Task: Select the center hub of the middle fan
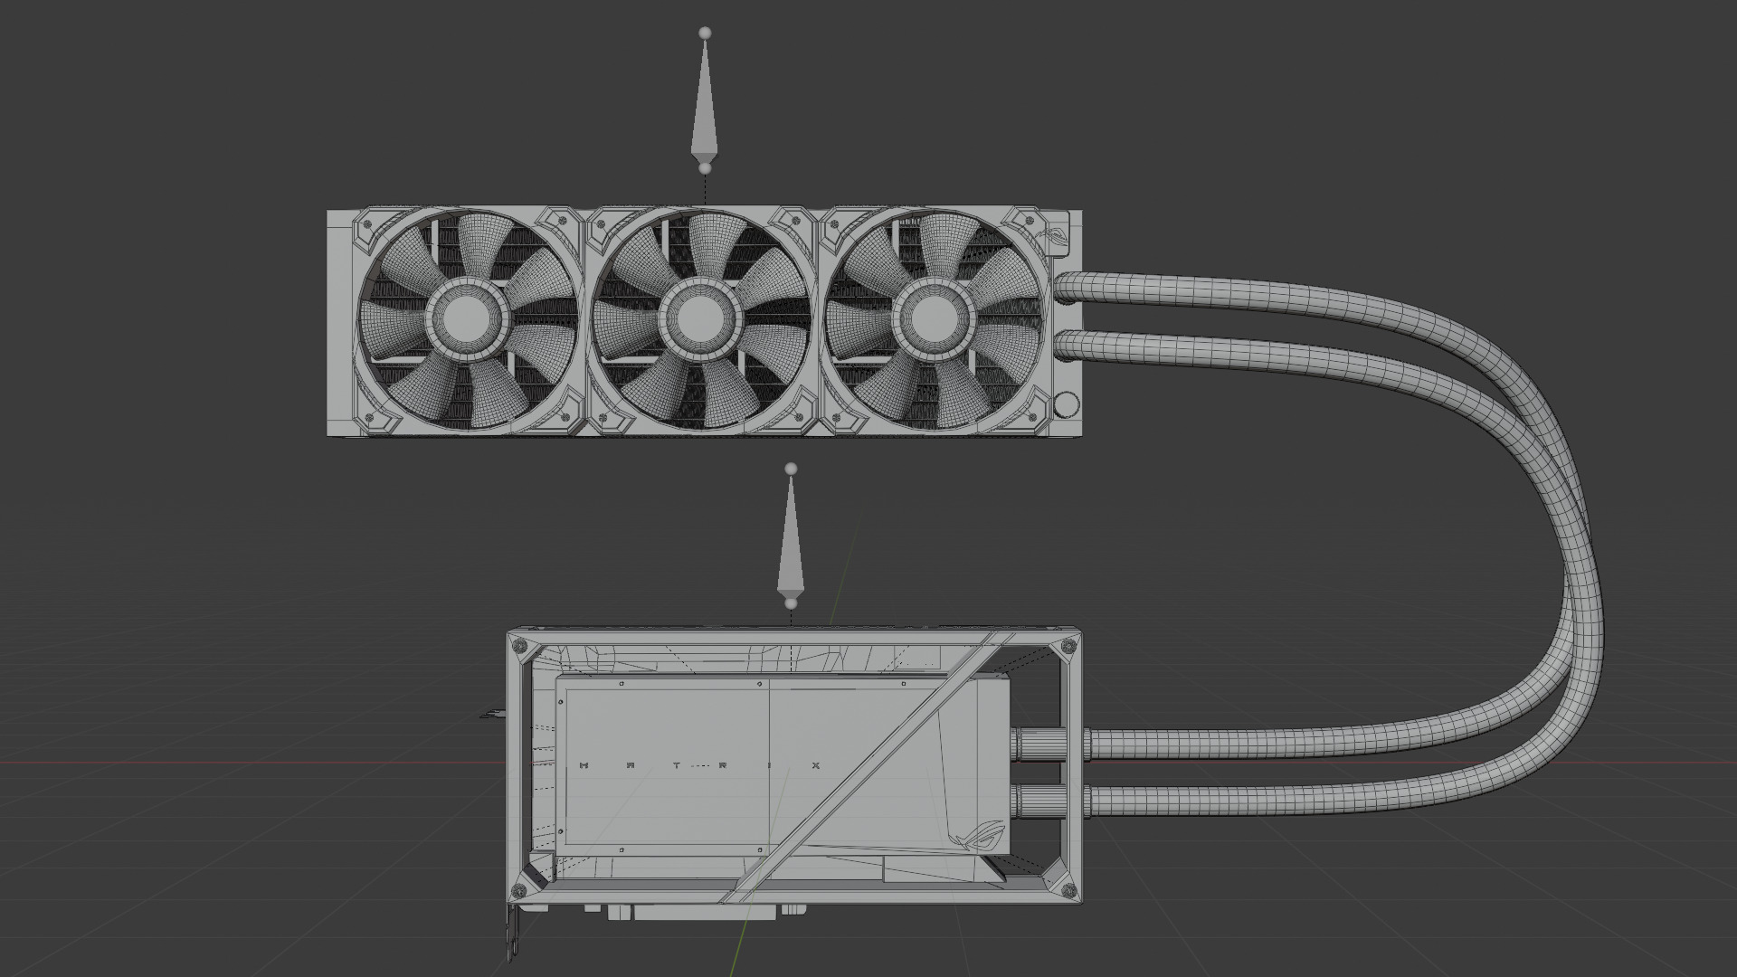698,318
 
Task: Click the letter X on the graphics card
815,765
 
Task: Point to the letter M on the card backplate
584,765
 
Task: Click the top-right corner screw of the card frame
1070,646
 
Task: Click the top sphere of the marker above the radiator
705,33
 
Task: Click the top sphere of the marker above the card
792,469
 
